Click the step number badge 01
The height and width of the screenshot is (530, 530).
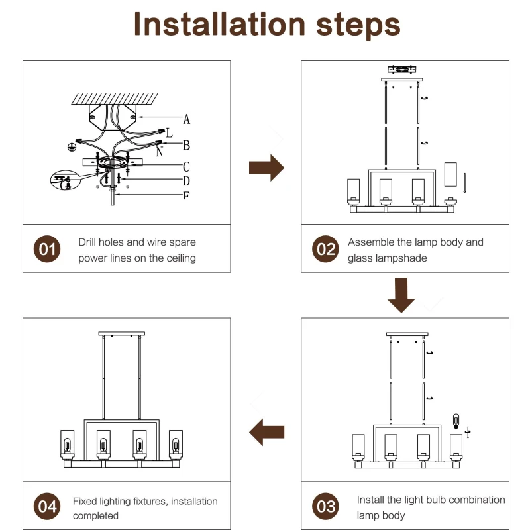coord(47,250)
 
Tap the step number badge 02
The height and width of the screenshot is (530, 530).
coord(325,250)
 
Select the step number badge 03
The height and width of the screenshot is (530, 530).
coord(325,507)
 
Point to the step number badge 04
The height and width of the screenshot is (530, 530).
coord(47,507)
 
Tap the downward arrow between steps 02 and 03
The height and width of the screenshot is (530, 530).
coord(401,295)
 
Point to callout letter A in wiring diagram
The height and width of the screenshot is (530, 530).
coord(187,119)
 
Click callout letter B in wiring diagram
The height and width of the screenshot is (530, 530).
coord(187,146)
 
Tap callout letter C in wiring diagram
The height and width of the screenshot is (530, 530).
coord(187,166)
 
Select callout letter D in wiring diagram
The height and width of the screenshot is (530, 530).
coord(187,181)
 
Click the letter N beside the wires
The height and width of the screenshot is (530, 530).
coord(160,151)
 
